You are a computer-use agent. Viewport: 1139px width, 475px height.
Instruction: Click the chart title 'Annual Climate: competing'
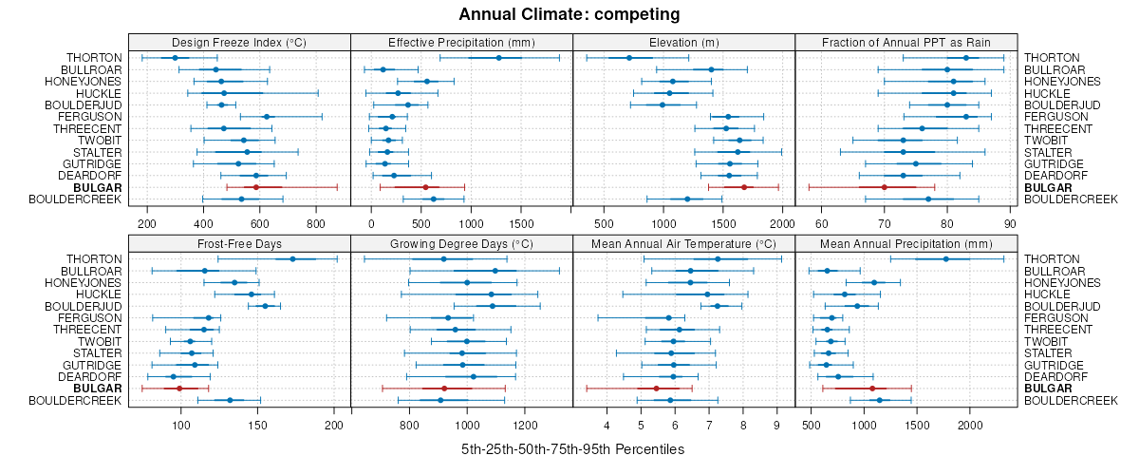tap(569, 14)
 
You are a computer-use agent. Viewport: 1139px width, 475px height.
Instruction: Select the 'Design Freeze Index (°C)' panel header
tap(239, 42)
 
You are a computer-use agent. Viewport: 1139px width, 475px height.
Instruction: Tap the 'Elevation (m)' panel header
tap(683, 42)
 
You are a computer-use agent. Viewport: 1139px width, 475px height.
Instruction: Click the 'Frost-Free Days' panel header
tap(239, 244)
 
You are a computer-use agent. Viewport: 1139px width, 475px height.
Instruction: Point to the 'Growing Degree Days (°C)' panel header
tap(461, 244)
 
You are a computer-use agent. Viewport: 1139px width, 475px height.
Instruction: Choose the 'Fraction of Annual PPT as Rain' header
tap(906, 42)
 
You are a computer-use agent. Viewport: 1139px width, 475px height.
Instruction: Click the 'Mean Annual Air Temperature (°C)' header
tap(683, 244)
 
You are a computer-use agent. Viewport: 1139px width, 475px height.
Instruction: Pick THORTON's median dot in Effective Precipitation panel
tap(499, 58)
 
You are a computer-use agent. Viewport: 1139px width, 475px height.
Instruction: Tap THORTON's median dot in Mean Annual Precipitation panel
tap(945, 259)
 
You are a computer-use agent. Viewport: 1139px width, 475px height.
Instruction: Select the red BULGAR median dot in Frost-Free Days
tap(179, 389)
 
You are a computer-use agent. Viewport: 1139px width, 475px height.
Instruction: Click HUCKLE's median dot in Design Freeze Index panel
tap(224, 93)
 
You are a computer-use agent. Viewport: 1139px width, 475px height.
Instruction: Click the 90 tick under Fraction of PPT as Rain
tap(1009, 223)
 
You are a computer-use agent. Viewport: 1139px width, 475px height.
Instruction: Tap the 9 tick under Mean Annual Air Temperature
tap(776, 425)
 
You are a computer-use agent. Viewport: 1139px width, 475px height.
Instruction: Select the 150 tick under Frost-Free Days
tap(257, 425)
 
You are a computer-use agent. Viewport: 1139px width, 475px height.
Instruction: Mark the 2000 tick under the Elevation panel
tap(781, 223)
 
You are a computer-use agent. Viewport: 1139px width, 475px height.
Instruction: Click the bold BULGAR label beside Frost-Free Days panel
tap(97, 389)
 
